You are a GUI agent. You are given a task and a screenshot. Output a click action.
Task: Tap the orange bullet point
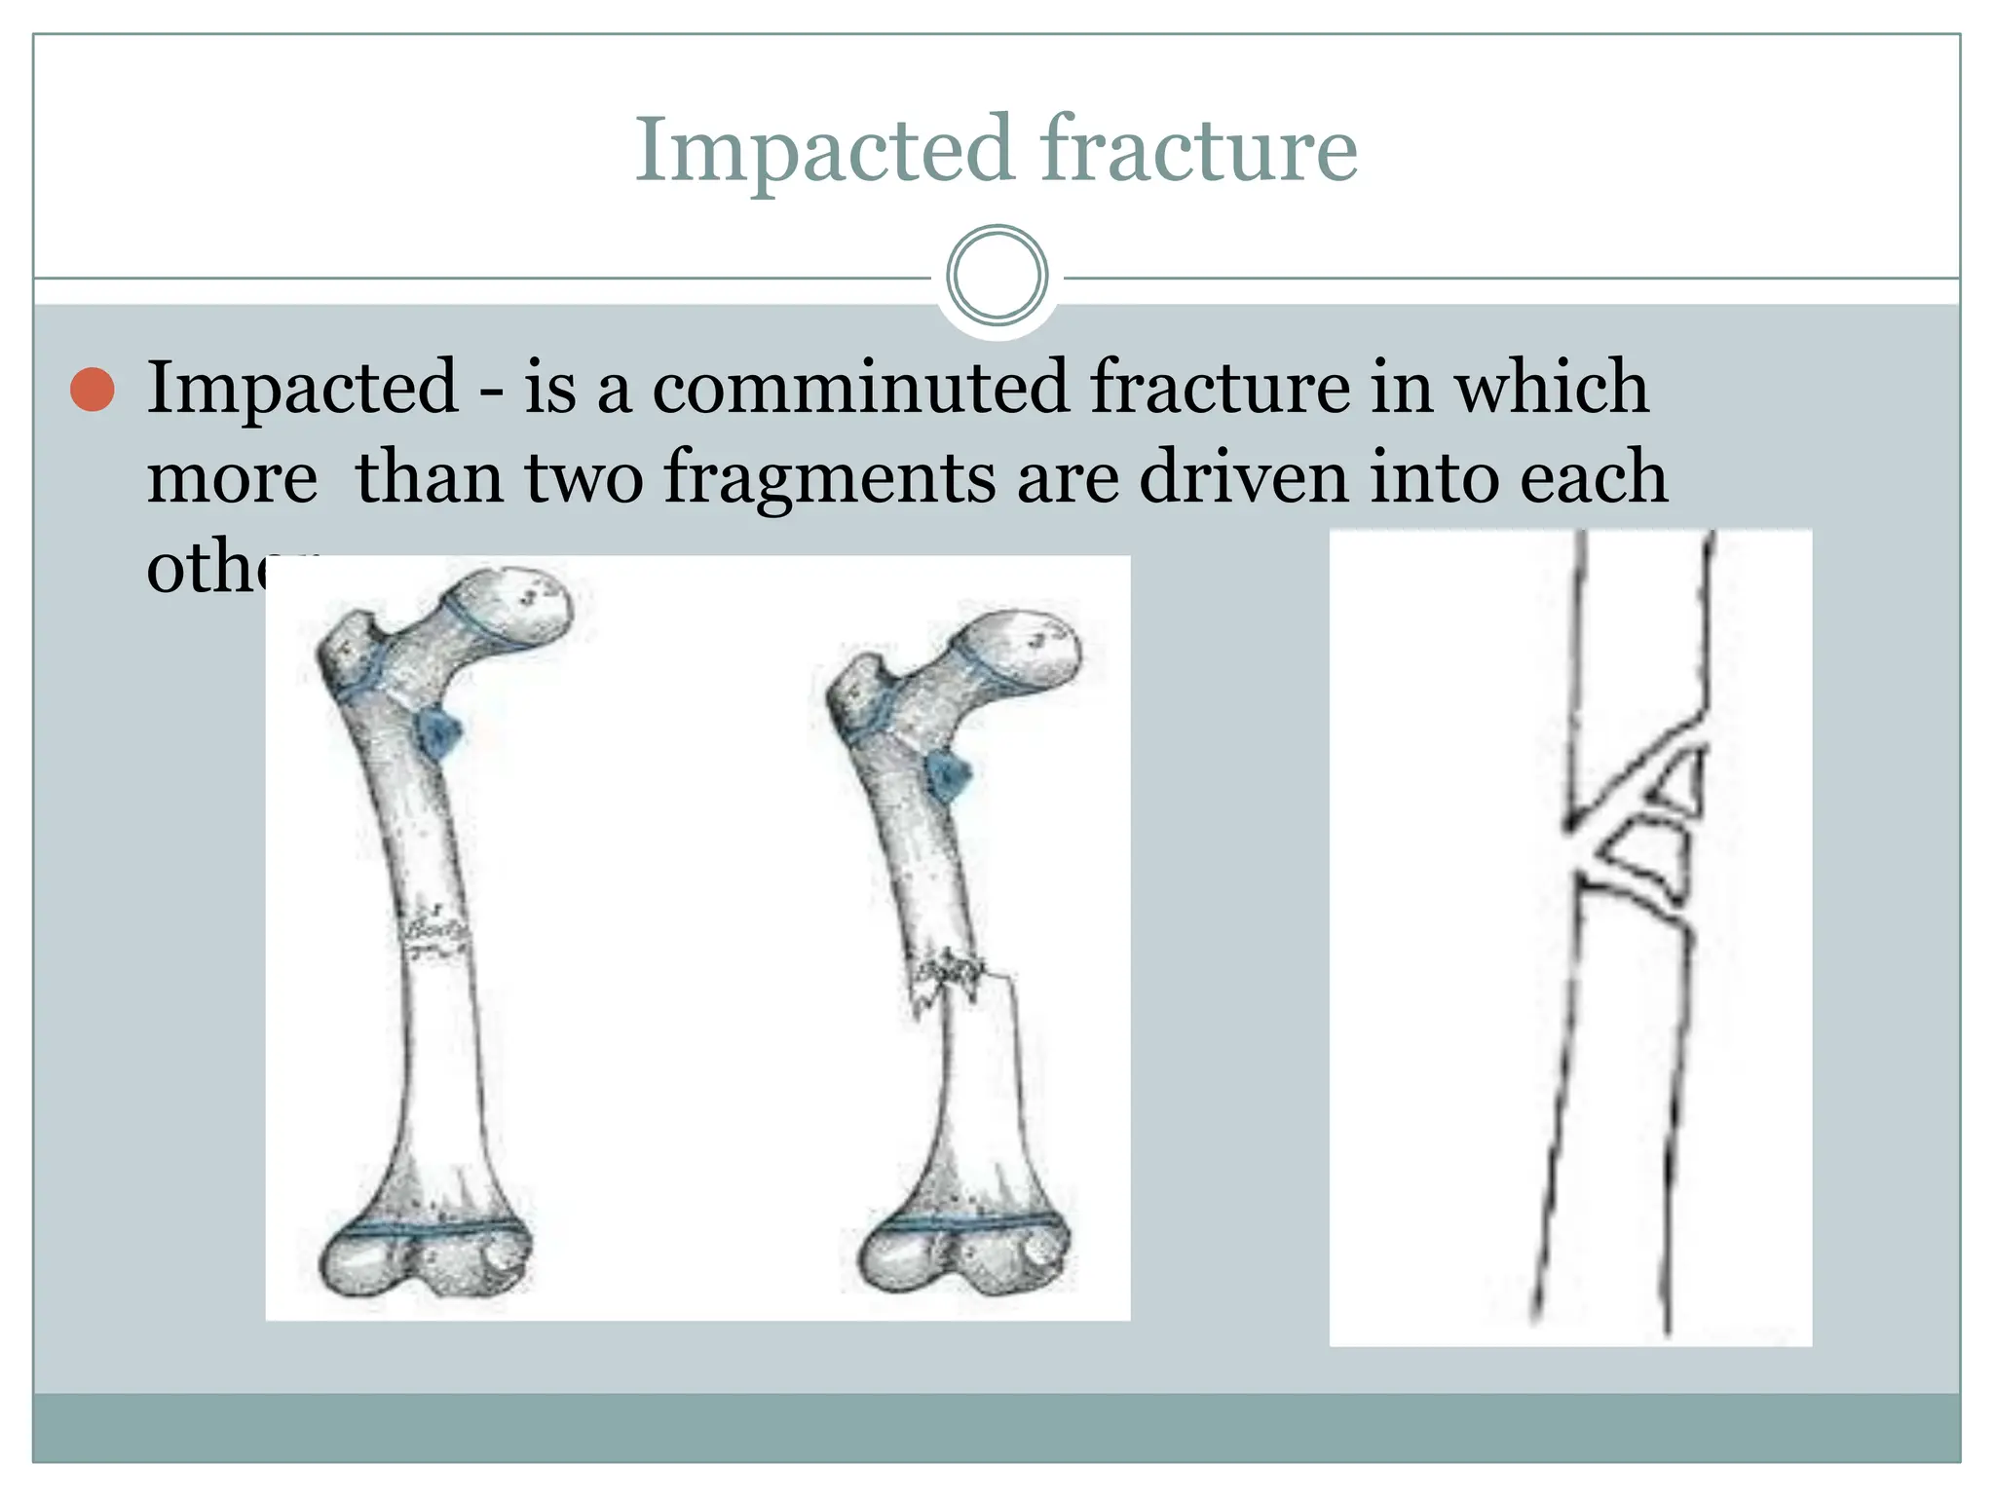pyautogui.click(x=94, y=390)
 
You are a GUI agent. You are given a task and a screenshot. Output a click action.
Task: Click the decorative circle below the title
pyautogui.click(x=997, y=275)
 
